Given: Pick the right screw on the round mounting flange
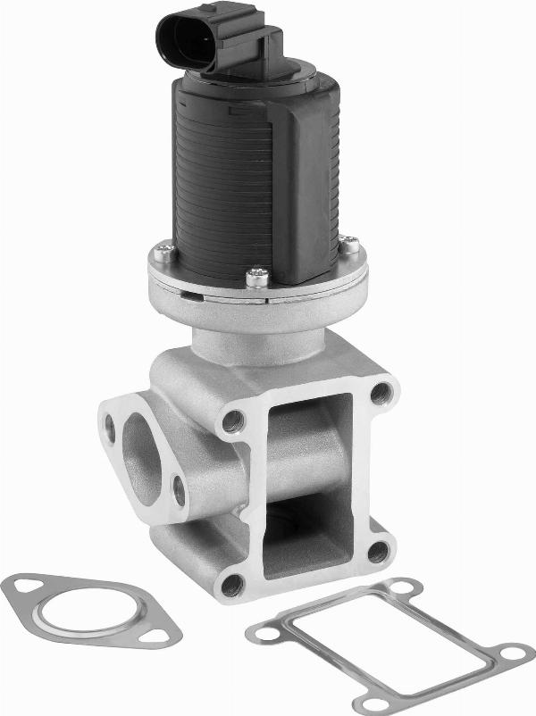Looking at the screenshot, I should (351, 243).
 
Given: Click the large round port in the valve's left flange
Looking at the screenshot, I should (140, 455).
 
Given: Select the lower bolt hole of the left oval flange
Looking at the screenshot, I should (179, 490).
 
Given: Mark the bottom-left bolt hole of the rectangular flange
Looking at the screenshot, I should (232, 585).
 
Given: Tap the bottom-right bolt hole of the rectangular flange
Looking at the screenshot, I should (379, 551).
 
